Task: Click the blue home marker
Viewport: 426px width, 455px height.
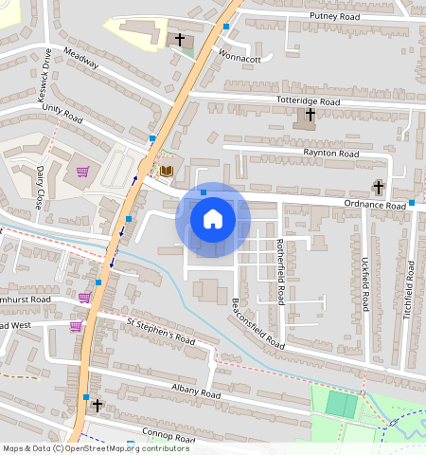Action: (213, 219)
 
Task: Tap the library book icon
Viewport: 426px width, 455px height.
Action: (167, 171)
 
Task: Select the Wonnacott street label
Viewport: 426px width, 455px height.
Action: (239, 58)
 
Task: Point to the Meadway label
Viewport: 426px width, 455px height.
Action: (82, 60)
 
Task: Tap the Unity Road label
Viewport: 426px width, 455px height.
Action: (62, 115)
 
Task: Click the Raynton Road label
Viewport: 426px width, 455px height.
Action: (330, 153)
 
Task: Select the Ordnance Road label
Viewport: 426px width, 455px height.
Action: (374, 205)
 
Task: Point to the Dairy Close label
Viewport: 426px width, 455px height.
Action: (41, 187)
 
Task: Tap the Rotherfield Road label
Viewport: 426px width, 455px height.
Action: (280, 270)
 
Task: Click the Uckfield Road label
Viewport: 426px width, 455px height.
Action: (364, 284)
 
